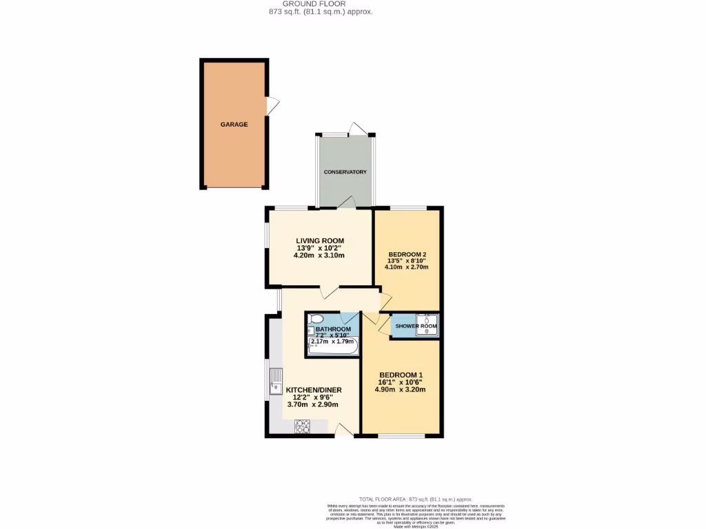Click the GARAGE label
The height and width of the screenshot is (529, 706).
(x=234, y=125)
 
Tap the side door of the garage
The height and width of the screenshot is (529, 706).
(x=273, y=106)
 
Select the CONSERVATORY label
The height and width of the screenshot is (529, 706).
(x=345, y=172)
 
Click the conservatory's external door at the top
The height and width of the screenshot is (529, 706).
(x=359, y=129)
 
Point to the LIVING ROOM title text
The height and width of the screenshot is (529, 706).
(x=320, y=240)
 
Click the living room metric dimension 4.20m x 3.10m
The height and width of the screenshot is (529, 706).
(x=319, y=255)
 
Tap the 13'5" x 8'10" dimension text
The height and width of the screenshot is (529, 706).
(x=406, y=260)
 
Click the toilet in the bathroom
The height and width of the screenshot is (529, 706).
(x=316, y=319)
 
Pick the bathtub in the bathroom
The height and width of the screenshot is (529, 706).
(x=333, y=347)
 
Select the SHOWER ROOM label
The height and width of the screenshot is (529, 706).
(x=416, y=326)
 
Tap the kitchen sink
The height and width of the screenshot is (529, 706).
(x=276, y=380)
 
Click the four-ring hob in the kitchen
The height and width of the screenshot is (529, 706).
(x=303, y=426)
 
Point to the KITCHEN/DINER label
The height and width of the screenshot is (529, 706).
(x=314, y=390)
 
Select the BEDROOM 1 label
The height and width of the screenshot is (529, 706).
(x=400, y=375)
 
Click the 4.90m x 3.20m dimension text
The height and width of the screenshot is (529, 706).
(x=400, y=389)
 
